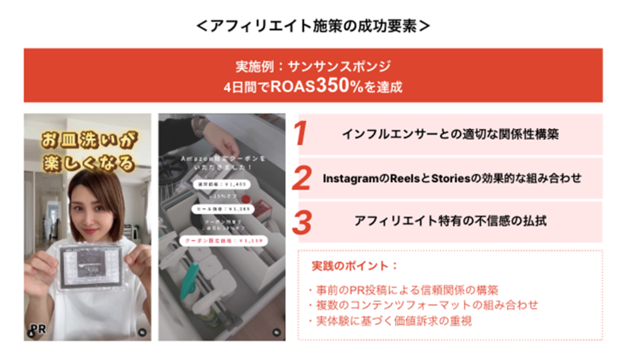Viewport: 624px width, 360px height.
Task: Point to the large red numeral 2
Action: (x=302, y=178)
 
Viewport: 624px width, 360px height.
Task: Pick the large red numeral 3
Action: (x=302, y=221)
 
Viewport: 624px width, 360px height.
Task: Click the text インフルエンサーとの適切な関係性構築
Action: (x=450, y=134)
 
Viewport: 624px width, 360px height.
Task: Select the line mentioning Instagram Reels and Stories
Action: (x=452, y=178)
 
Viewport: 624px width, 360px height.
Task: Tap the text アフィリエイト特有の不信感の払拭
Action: (x=450, y=221)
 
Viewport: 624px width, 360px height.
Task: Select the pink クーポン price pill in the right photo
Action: (x=221, y=240)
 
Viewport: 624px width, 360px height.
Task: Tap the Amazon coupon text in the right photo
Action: (x=222, y=162)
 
